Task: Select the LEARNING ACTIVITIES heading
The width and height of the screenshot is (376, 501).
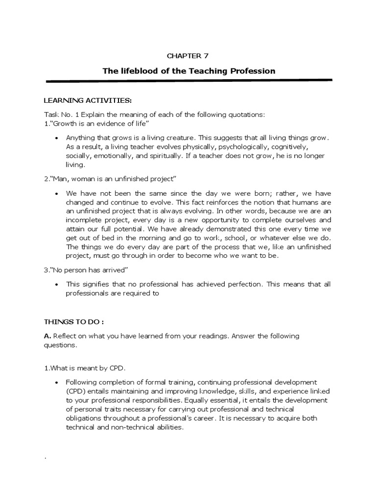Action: coord(88,101)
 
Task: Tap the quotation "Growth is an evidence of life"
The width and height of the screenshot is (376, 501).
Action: coord(93,122)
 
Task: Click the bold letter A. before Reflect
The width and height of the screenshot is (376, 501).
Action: coord(47,336)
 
